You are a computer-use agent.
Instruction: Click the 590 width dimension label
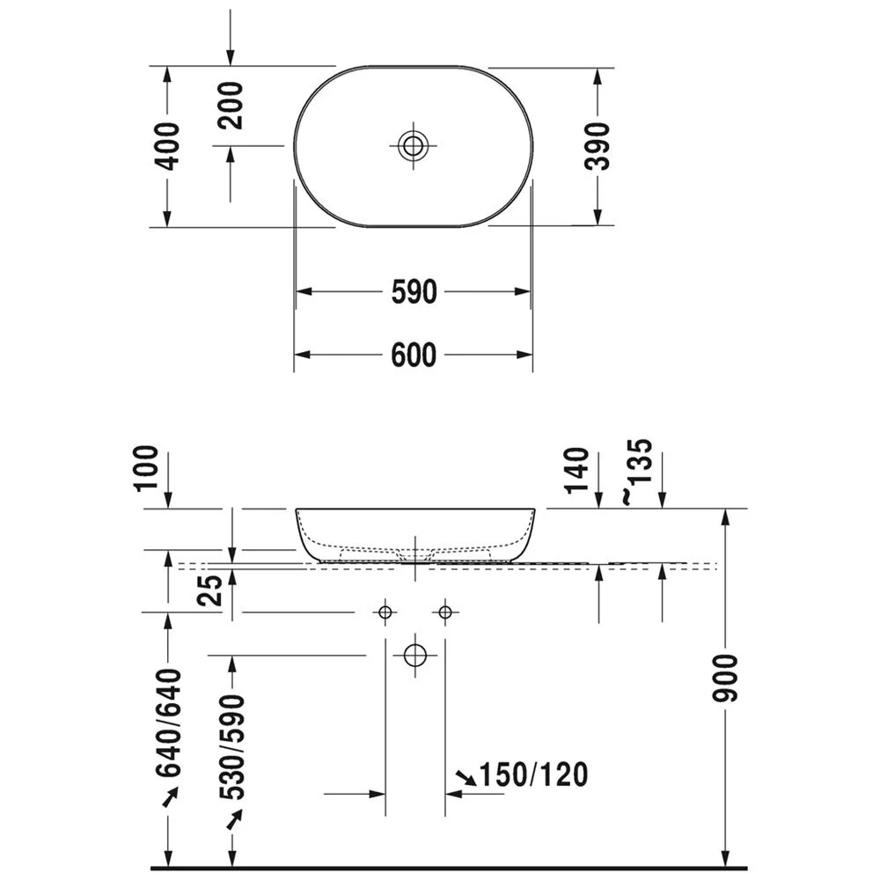[x=414, y=292]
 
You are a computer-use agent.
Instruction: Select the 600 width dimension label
[x=414, y=356]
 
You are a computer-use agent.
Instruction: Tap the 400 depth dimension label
[x=167, y=146]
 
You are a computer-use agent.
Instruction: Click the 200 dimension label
[x=230, y=106]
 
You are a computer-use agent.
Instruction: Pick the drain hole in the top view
[x=413, y=146]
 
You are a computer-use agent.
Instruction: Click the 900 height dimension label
[x=724, y=678]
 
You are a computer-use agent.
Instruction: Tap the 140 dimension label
[x=577, y=470]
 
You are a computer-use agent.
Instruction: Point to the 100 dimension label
[x=147, y=467]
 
